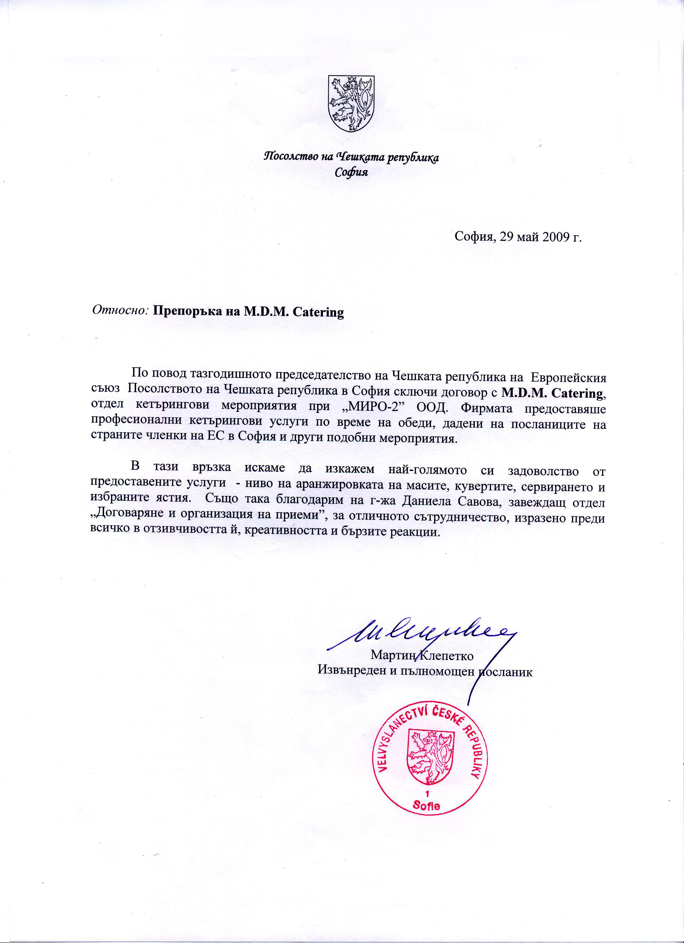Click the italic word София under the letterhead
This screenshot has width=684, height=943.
click(351, 172)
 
